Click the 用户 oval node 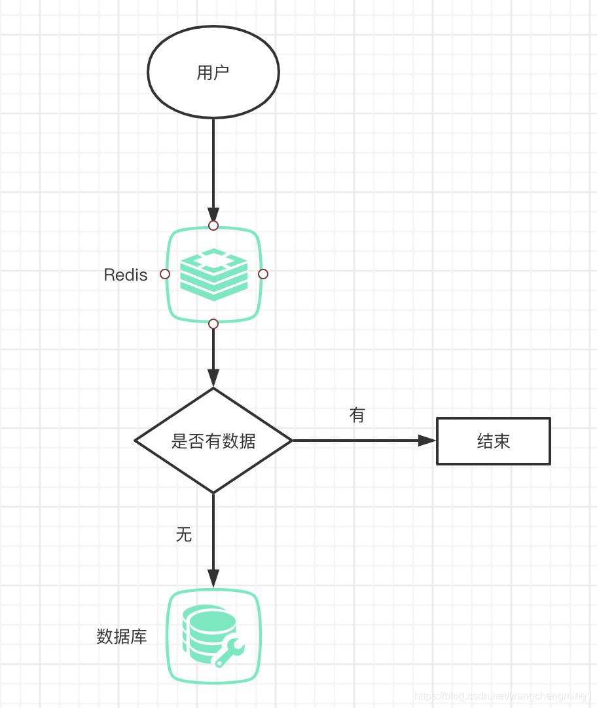point(213,72)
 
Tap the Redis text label point(126,275)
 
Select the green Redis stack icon point(213,274)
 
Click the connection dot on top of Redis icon point(213,226)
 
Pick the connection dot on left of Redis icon point(165,274)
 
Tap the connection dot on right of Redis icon point(263,274)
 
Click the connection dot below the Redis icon point(213,324)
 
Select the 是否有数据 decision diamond point(213,441)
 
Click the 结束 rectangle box point(494,441)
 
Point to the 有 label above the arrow point(357,415)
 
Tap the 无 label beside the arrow point(184,534)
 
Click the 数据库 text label point(122,636)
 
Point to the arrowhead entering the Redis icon point(213,215)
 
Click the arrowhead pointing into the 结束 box point(427,441)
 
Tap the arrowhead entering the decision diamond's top point(213,378)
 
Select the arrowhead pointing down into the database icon point(213,578)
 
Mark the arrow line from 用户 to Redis point(213,164)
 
